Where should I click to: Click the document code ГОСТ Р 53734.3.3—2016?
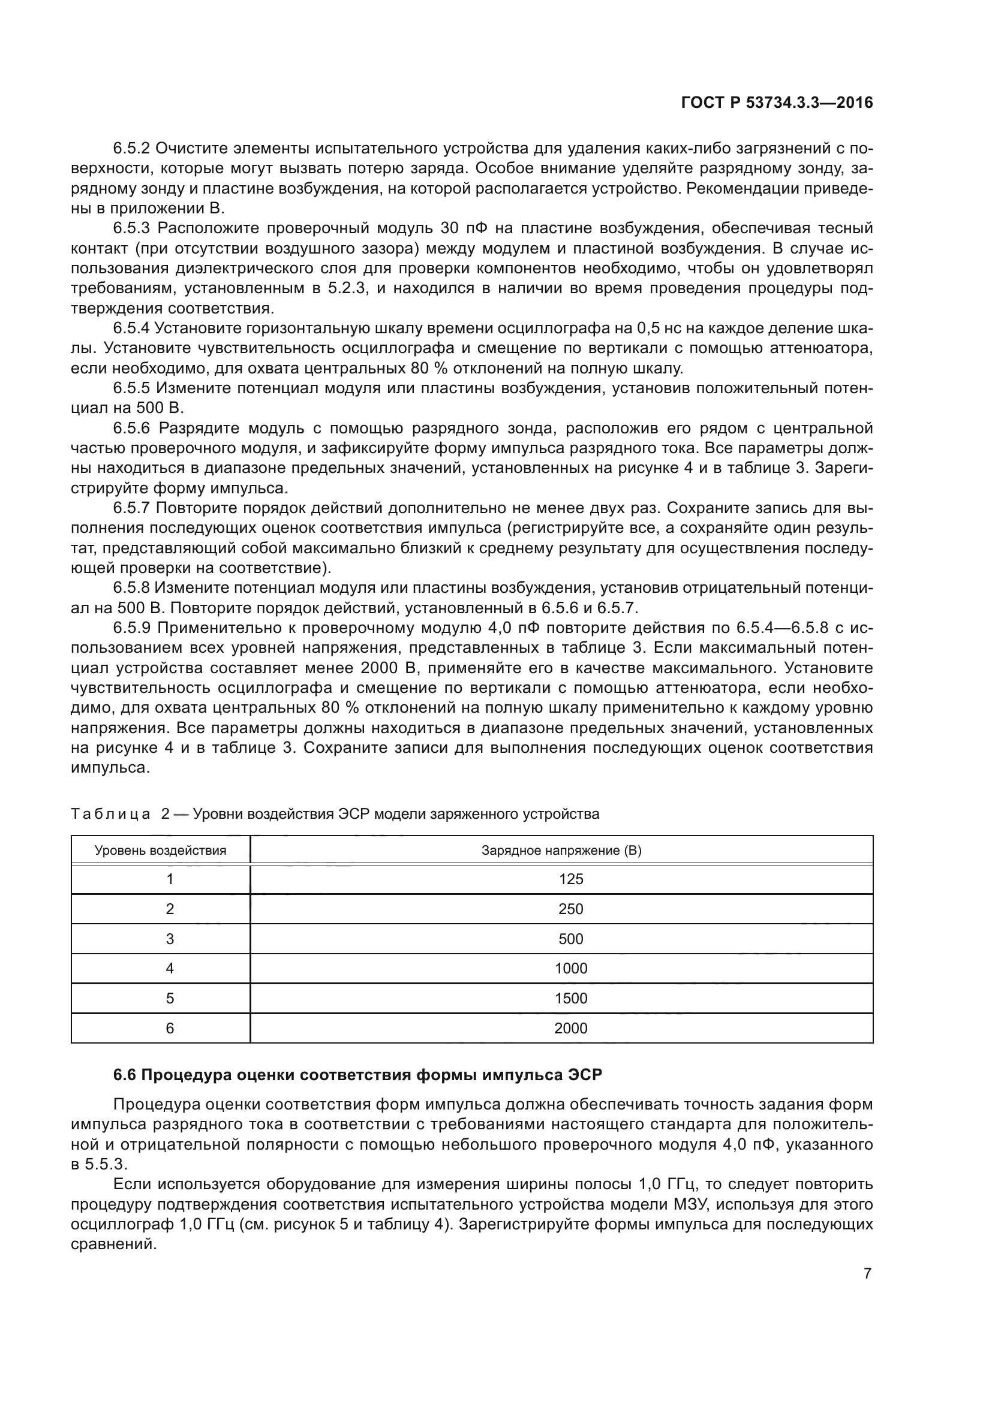click(776, 103)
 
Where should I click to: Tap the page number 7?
click(867, 1273)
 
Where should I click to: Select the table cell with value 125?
click(570, 879)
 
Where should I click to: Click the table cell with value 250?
click(570, 909)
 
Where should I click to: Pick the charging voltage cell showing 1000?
click(570, 969)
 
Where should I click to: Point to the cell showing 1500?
click(570, 999)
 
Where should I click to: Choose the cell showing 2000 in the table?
click(570, 1029)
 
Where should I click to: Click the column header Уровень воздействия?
click(161, 851)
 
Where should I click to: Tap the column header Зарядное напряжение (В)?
click(561, 851)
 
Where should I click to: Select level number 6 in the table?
click(170, 1029)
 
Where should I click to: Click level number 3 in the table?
click(170, 939)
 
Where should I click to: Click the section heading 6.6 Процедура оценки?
click(357, 1075)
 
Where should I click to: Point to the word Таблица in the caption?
click(110, 814)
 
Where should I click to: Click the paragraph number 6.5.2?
click(131, 149)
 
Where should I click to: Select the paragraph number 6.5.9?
click(131, 628)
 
